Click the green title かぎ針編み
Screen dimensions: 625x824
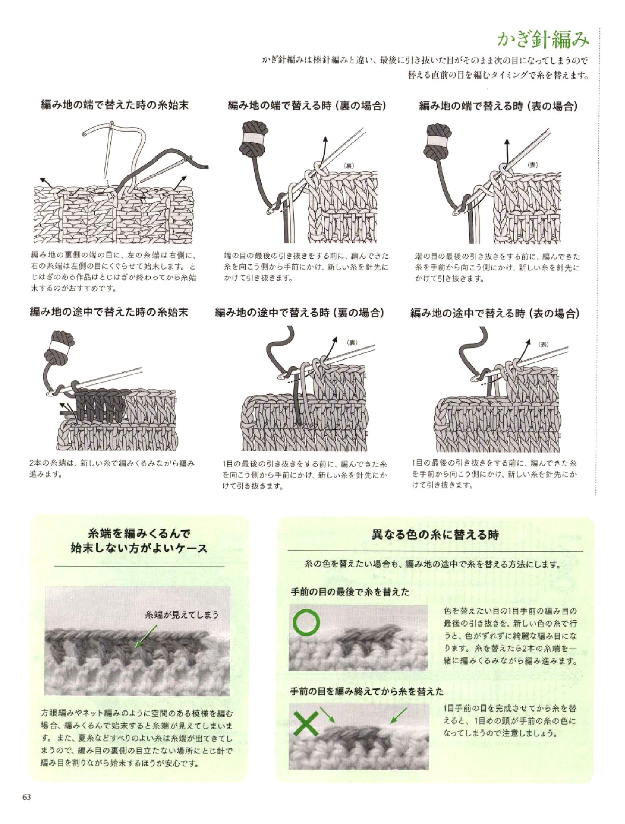(x=543, y=40)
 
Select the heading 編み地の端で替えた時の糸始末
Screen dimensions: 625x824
(x=115, y=106)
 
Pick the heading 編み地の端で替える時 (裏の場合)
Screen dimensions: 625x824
(x=307, y=106)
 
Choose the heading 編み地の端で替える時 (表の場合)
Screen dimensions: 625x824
(x=498, y=106)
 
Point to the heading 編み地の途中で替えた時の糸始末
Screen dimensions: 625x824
(x=109, y=312)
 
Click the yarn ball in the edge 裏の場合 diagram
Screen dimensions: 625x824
(x=250, y=138)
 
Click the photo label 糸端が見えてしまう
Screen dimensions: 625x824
(x=182, y=615)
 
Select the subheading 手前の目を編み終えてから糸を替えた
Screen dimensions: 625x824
(x=367, y=692)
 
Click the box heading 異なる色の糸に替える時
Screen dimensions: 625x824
(x=434, y=535)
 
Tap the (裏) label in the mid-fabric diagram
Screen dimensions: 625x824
(x=352, y=343)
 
